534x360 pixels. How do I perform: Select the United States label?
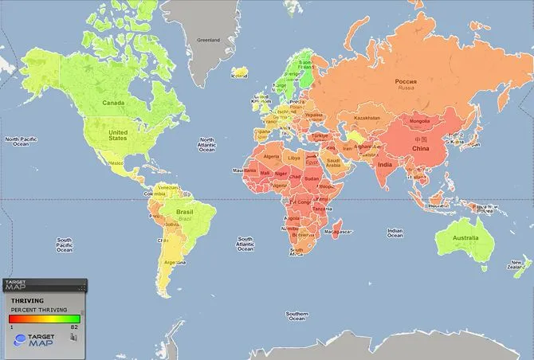[x=117, y=135]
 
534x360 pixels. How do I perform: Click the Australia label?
[x=465, y=238]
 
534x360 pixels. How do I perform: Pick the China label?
[x=420, y=148]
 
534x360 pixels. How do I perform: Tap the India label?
[x=384, y=165]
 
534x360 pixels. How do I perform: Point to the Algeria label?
[x=273, y=157]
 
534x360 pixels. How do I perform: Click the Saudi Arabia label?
[x=333, y=163]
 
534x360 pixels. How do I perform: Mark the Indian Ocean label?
[x=395, y=233]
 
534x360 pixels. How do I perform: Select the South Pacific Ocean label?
[x=65, y=245]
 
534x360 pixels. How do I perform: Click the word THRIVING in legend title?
[x=27, y=301]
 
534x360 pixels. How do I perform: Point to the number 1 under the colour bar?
[x=12, y=326]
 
